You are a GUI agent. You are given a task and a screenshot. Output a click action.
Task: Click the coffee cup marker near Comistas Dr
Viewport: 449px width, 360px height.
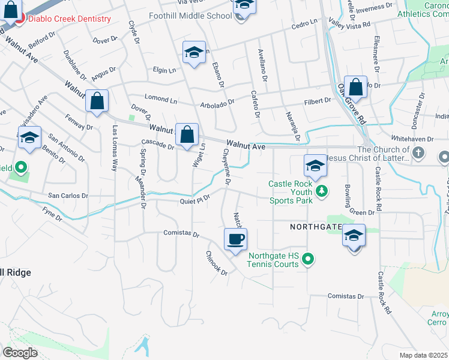(235, 239)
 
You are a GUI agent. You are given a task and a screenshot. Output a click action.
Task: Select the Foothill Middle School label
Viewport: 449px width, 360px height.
(190, 16)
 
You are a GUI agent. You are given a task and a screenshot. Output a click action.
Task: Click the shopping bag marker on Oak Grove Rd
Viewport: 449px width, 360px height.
(355, 87)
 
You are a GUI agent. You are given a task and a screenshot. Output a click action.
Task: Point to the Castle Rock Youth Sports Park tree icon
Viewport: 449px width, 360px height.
(322, 191)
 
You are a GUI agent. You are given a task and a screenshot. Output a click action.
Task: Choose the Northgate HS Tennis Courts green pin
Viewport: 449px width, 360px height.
(308, 259)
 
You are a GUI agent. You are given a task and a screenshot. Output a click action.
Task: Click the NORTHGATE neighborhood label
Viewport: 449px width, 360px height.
(316, 227)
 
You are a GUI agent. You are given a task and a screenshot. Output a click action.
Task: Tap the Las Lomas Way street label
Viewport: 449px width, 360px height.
(114, 148)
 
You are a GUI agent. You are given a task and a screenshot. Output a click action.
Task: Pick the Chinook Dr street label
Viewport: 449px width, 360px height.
(217, 263)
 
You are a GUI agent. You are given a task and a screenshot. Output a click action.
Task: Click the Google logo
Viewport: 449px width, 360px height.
(20, 352)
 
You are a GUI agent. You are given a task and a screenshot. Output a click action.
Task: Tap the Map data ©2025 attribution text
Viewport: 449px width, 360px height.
(423, 355)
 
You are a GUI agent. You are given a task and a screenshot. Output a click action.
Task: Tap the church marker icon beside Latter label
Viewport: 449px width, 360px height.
(419, 154)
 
